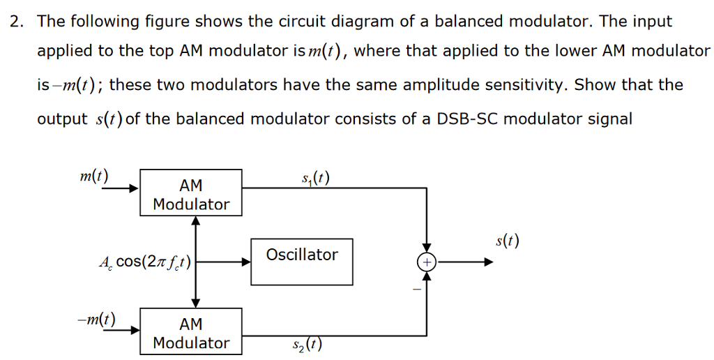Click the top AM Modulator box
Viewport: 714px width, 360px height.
click(x=191, y=195)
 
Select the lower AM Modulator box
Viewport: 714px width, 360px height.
click(x=191, y=333)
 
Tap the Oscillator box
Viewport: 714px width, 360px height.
click(x=301, y=262)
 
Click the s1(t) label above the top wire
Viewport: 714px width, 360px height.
click(x=316, y=179)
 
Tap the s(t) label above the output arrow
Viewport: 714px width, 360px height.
click(x=507, y=242)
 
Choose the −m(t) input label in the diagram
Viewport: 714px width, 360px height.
click(x=96, y=320)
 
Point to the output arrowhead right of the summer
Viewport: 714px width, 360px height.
click(x=489, y=262)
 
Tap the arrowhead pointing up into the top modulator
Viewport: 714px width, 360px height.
click(x=196, y=221)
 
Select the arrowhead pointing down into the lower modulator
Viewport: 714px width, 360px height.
click(x=196, y=303)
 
